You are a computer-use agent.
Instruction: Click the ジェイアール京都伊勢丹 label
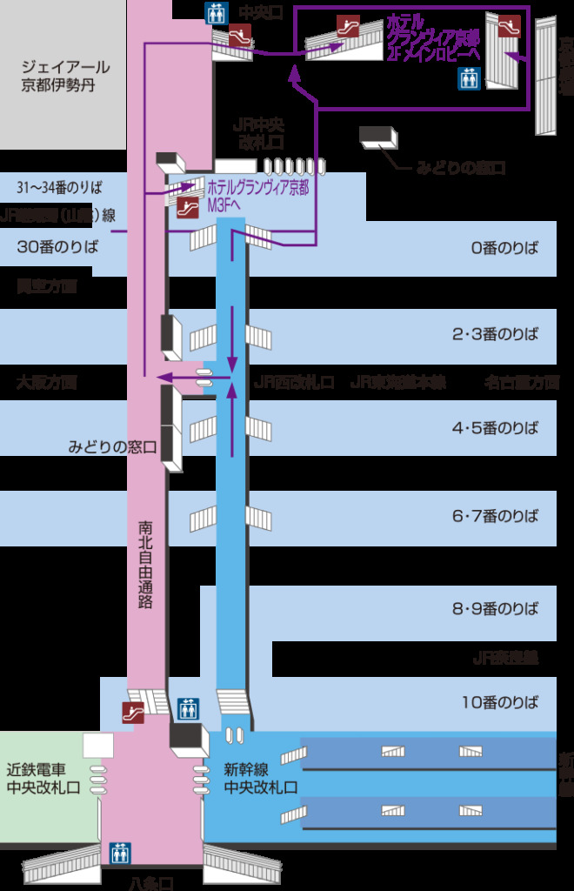[x=65, y=76]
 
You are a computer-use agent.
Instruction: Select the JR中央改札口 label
[x=261, y=133]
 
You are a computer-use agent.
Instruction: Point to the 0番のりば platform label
[x=505, y=247]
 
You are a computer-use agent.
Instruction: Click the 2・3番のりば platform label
[x=495, y=334]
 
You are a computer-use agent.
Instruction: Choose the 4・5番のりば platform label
[x=495, y=427]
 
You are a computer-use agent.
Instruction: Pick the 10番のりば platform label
[x=500, y=701]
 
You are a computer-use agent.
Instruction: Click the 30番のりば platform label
[x=58, y=246]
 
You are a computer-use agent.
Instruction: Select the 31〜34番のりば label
[x=58, y=187]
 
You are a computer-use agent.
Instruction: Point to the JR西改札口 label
[x=294, y=382]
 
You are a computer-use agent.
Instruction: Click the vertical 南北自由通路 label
[x=145, y=564]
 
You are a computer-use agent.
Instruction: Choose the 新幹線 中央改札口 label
[x=261, y=777]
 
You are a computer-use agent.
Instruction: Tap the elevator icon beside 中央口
[x=215, y=13]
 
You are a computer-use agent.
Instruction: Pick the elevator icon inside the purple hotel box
[x=469, y=79]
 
